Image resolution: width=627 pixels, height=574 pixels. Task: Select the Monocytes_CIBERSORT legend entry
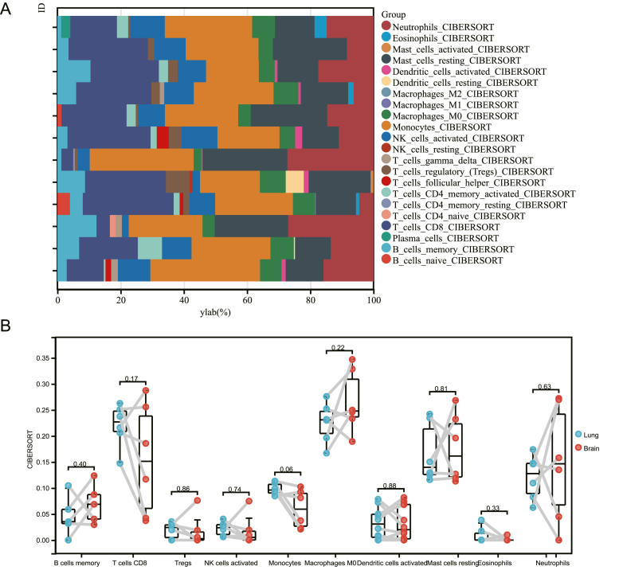coord(437,127)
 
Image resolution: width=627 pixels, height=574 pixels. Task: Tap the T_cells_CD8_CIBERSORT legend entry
coord(441,226)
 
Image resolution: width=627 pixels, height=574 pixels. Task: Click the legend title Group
coord(394,15)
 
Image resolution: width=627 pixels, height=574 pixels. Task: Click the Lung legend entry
coord(594,435)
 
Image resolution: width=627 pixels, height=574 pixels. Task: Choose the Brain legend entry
coord(594,449)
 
